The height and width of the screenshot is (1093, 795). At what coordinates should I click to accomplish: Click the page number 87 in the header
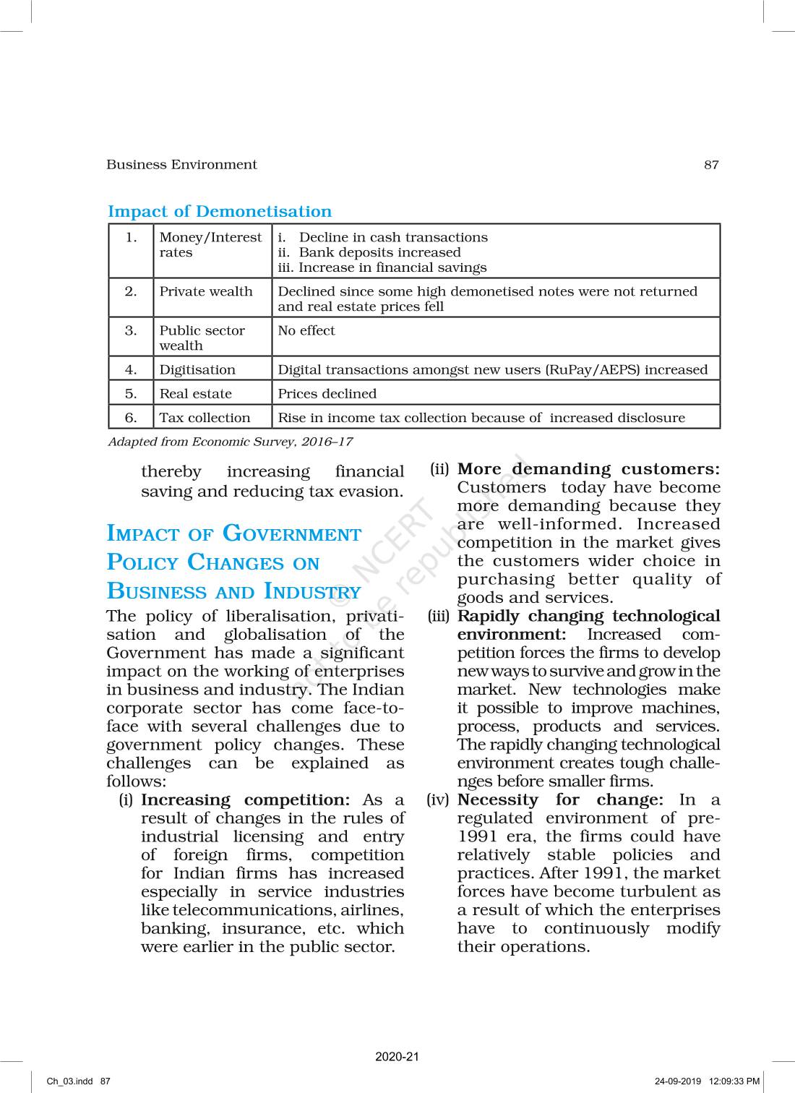(711, 165)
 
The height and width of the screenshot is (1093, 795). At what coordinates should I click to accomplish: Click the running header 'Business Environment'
(181, 165)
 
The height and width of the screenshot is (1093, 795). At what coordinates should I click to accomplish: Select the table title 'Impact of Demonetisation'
(220, 212)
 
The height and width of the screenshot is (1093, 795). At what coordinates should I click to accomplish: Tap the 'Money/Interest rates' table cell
(210, 245)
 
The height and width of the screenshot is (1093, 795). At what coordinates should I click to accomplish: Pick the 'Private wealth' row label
(206, 292)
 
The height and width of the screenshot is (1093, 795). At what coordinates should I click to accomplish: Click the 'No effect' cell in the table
(306, 331)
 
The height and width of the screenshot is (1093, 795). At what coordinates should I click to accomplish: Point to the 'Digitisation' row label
(197, 370)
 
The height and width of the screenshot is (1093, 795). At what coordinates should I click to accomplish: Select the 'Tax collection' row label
(205, 418)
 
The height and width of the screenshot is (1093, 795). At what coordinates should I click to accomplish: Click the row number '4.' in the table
(131, 370)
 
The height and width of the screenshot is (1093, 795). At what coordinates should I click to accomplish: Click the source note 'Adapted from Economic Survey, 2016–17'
(230, 442)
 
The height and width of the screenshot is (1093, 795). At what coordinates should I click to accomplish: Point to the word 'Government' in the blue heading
(291, 534)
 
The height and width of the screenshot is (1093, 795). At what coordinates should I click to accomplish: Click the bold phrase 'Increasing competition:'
(246, 800)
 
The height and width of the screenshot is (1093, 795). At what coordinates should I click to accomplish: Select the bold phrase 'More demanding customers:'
(589, 470)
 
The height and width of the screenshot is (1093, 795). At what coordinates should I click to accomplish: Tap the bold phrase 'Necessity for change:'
(560, 800)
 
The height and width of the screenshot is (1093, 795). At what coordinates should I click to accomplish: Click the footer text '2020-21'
(397, 1056)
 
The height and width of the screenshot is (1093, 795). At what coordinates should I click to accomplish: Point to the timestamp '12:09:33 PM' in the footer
(735, 1081)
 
